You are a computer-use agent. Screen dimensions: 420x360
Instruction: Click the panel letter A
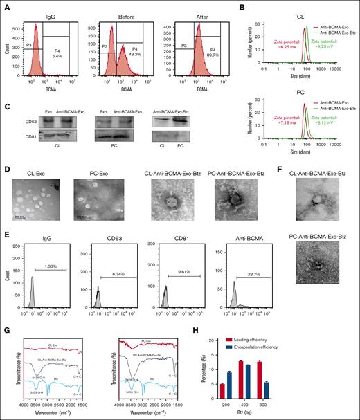(x=6, y=6)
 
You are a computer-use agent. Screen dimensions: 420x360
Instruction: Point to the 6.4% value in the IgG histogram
(x=59, y=54)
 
